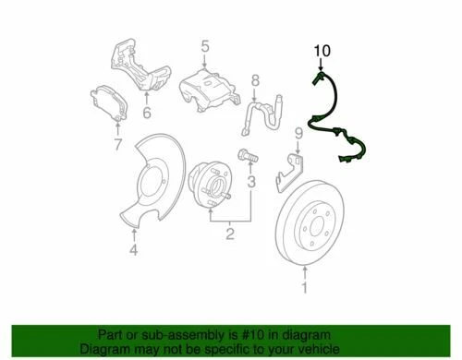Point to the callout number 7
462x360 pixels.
[116, 145]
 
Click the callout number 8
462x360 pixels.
[255, 82]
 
